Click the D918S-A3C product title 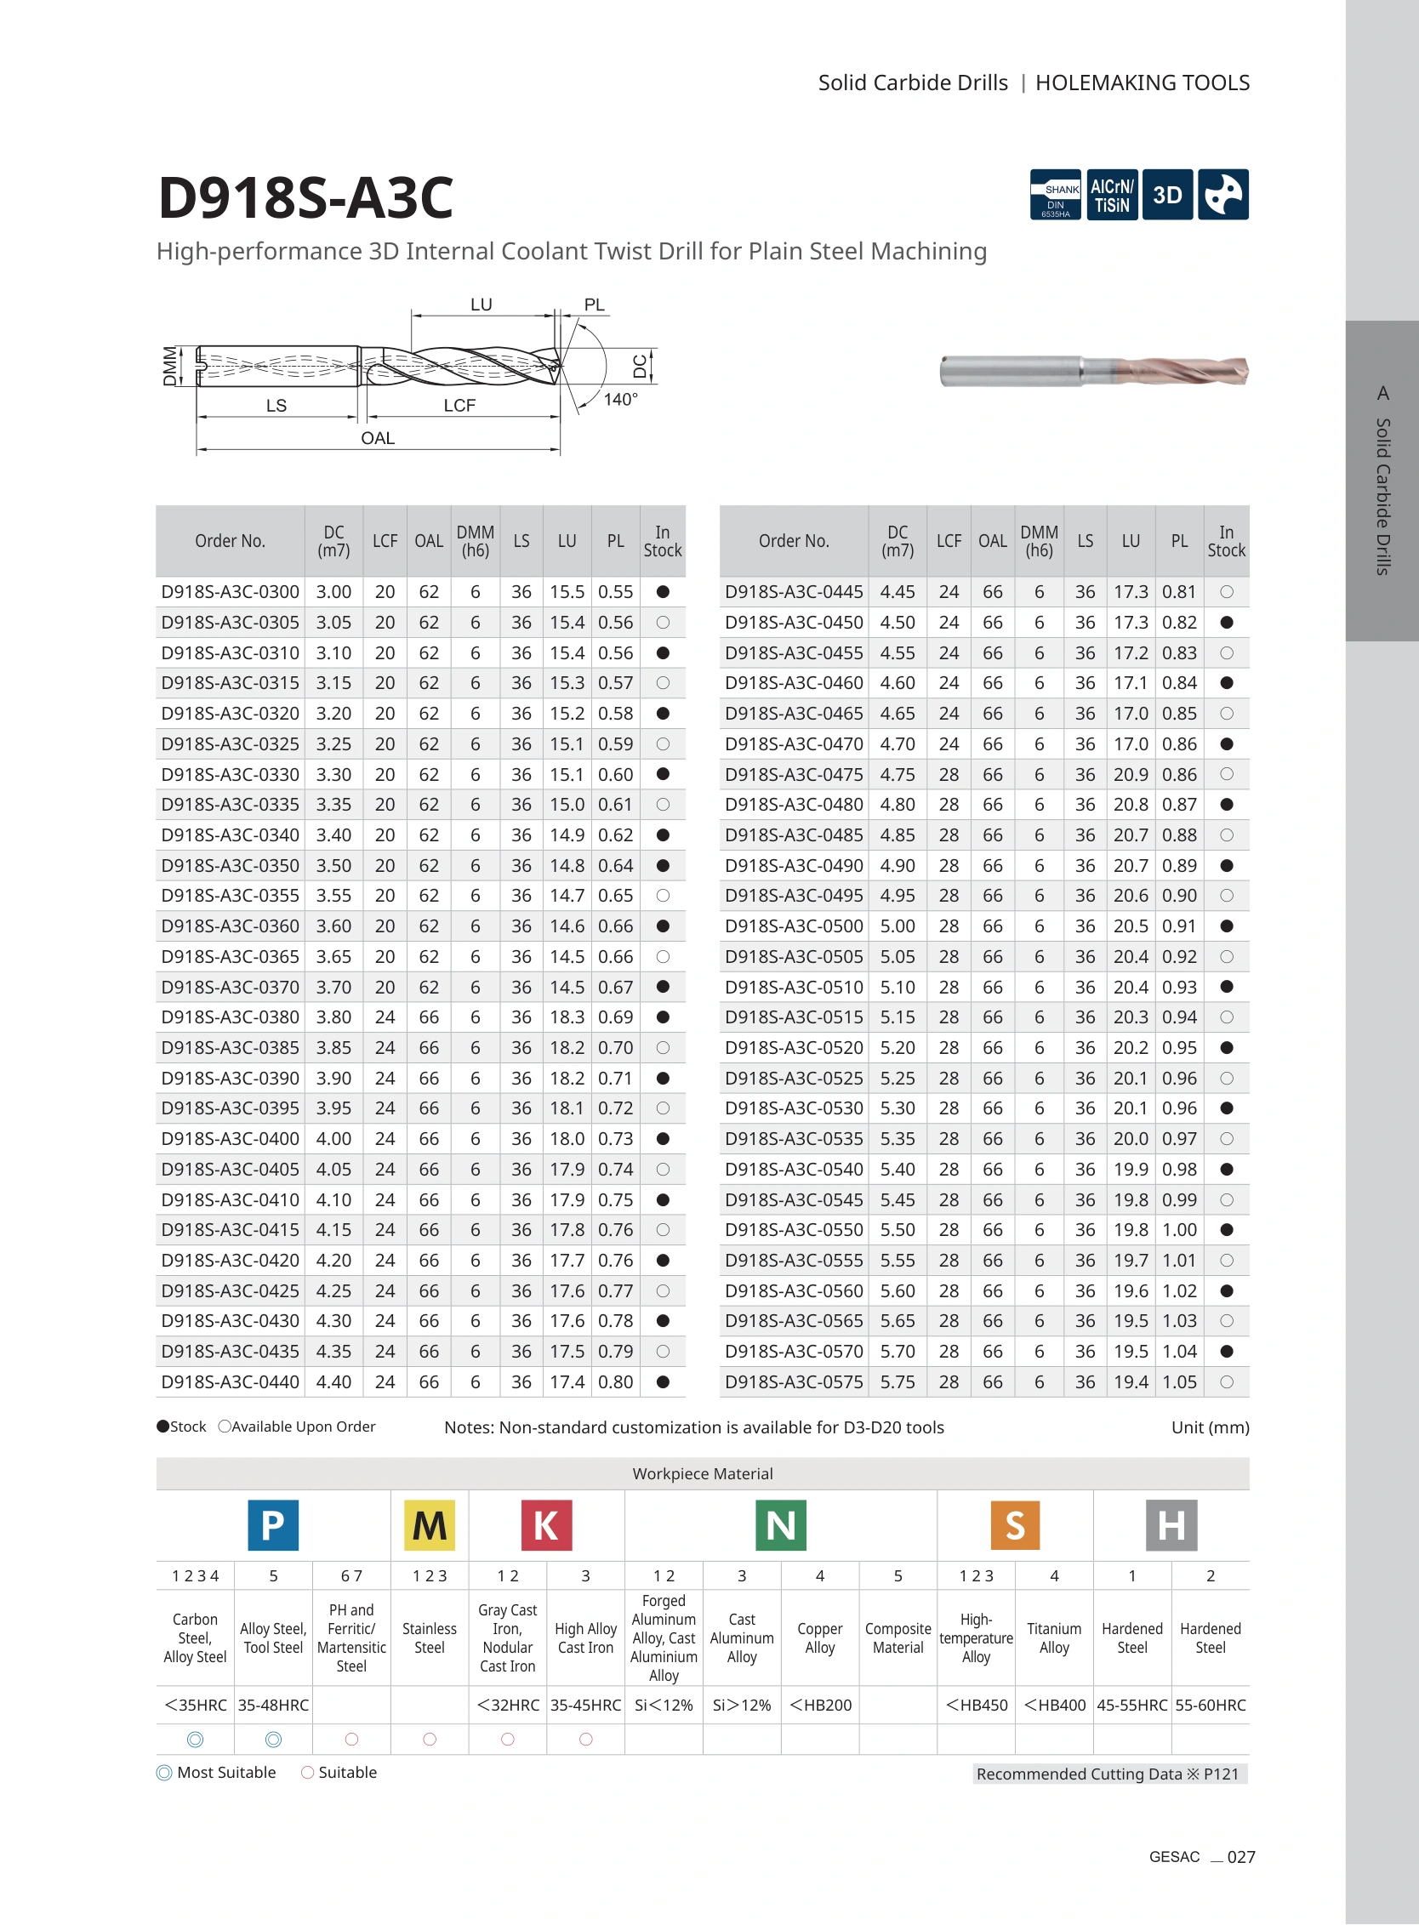tap(305, 197)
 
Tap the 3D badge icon tap(1167, 195)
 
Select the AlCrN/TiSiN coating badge tap(1112, 195)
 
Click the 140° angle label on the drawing tap(620, 400)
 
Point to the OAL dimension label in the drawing tap(378, 438)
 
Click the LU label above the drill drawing tap(481, 305)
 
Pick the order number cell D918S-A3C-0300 tap(231, 592)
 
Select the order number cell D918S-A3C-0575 tap(794, 1382)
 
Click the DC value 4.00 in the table tap(333, 1139)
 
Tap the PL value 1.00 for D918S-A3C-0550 tap(1179, 1230)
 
